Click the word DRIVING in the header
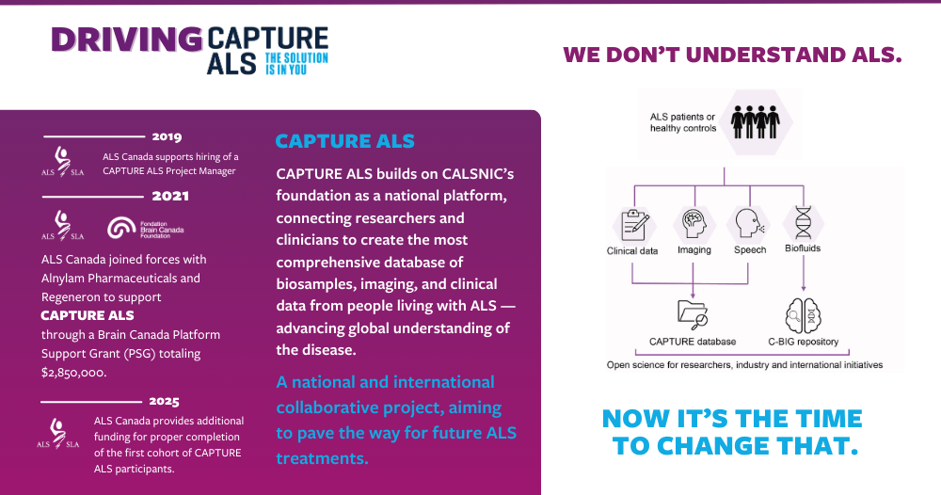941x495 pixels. (127, 40)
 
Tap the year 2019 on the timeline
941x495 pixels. (167, 136)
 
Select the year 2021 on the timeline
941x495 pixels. (170, 196)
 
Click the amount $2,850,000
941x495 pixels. (73, 373)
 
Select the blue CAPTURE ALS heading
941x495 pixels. (344, 142)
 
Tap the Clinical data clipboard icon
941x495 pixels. (630, 225)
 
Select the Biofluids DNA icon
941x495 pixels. (803, 224)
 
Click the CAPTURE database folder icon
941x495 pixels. (693, 313)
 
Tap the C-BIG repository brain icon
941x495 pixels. (803, 313)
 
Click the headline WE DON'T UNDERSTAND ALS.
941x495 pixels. (732, 55)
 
